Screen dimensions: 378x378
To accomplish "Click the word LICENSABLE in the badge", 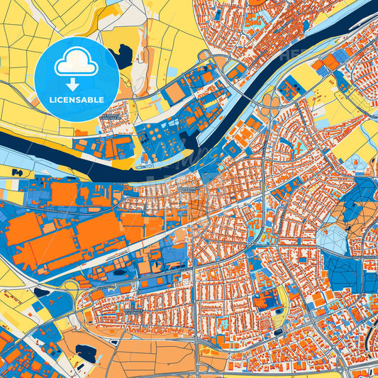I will click(x=77, y=100).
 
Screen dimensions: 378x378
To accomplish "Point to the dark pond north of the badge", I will click(x=124, y=55).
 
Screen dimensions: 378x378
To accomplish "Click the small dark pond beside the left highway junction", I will click(x=41, y=291).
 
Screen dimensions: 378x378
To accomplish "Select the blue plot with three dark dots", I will click(x=289, y=89).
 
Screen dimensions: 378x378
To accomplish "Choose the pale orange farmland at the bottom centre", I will click(x=152, y=358).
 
